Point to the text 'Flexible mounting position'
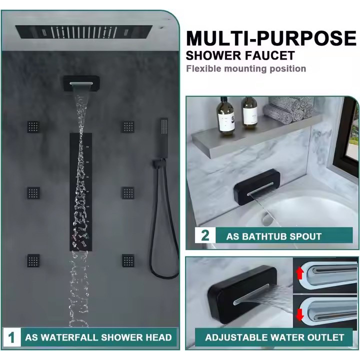click(x=246, y=68)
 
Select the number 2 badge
click(x=205, y=235)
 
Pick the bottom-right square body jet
click(x=128, y=260)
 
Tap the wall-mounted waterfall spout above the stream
click(x=80, y=83)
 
